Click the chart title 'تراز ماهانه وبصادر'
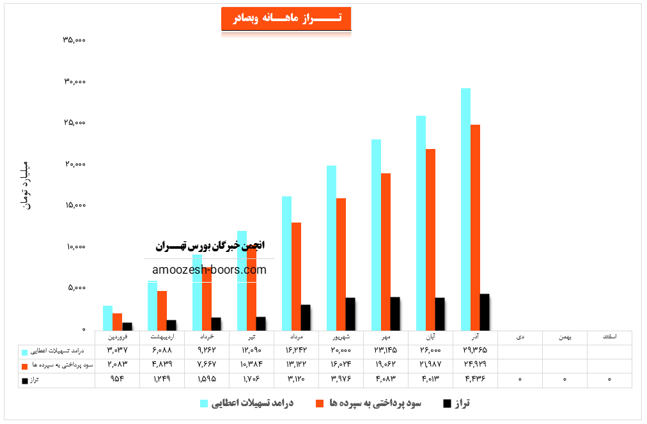click(286, 19)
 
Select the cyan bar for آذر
click(465, 208)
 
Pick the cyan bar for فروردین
click(107, 318)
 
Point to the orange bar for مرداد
click(296, 276)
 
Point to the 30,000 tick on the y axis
click(74, 82)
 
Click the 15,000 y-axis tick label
click(74, 205)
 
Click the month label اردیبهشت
click(161, 336)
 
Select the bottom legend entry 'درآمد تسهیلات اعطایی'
click(252, 403)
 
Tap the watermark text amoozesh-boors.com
click(210, 270)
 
